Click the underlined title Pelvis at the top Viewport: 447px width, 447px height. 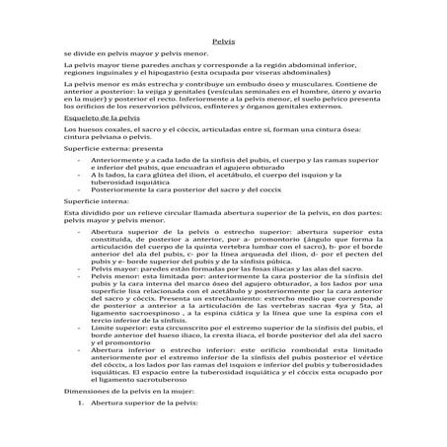tap(222, 41)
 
